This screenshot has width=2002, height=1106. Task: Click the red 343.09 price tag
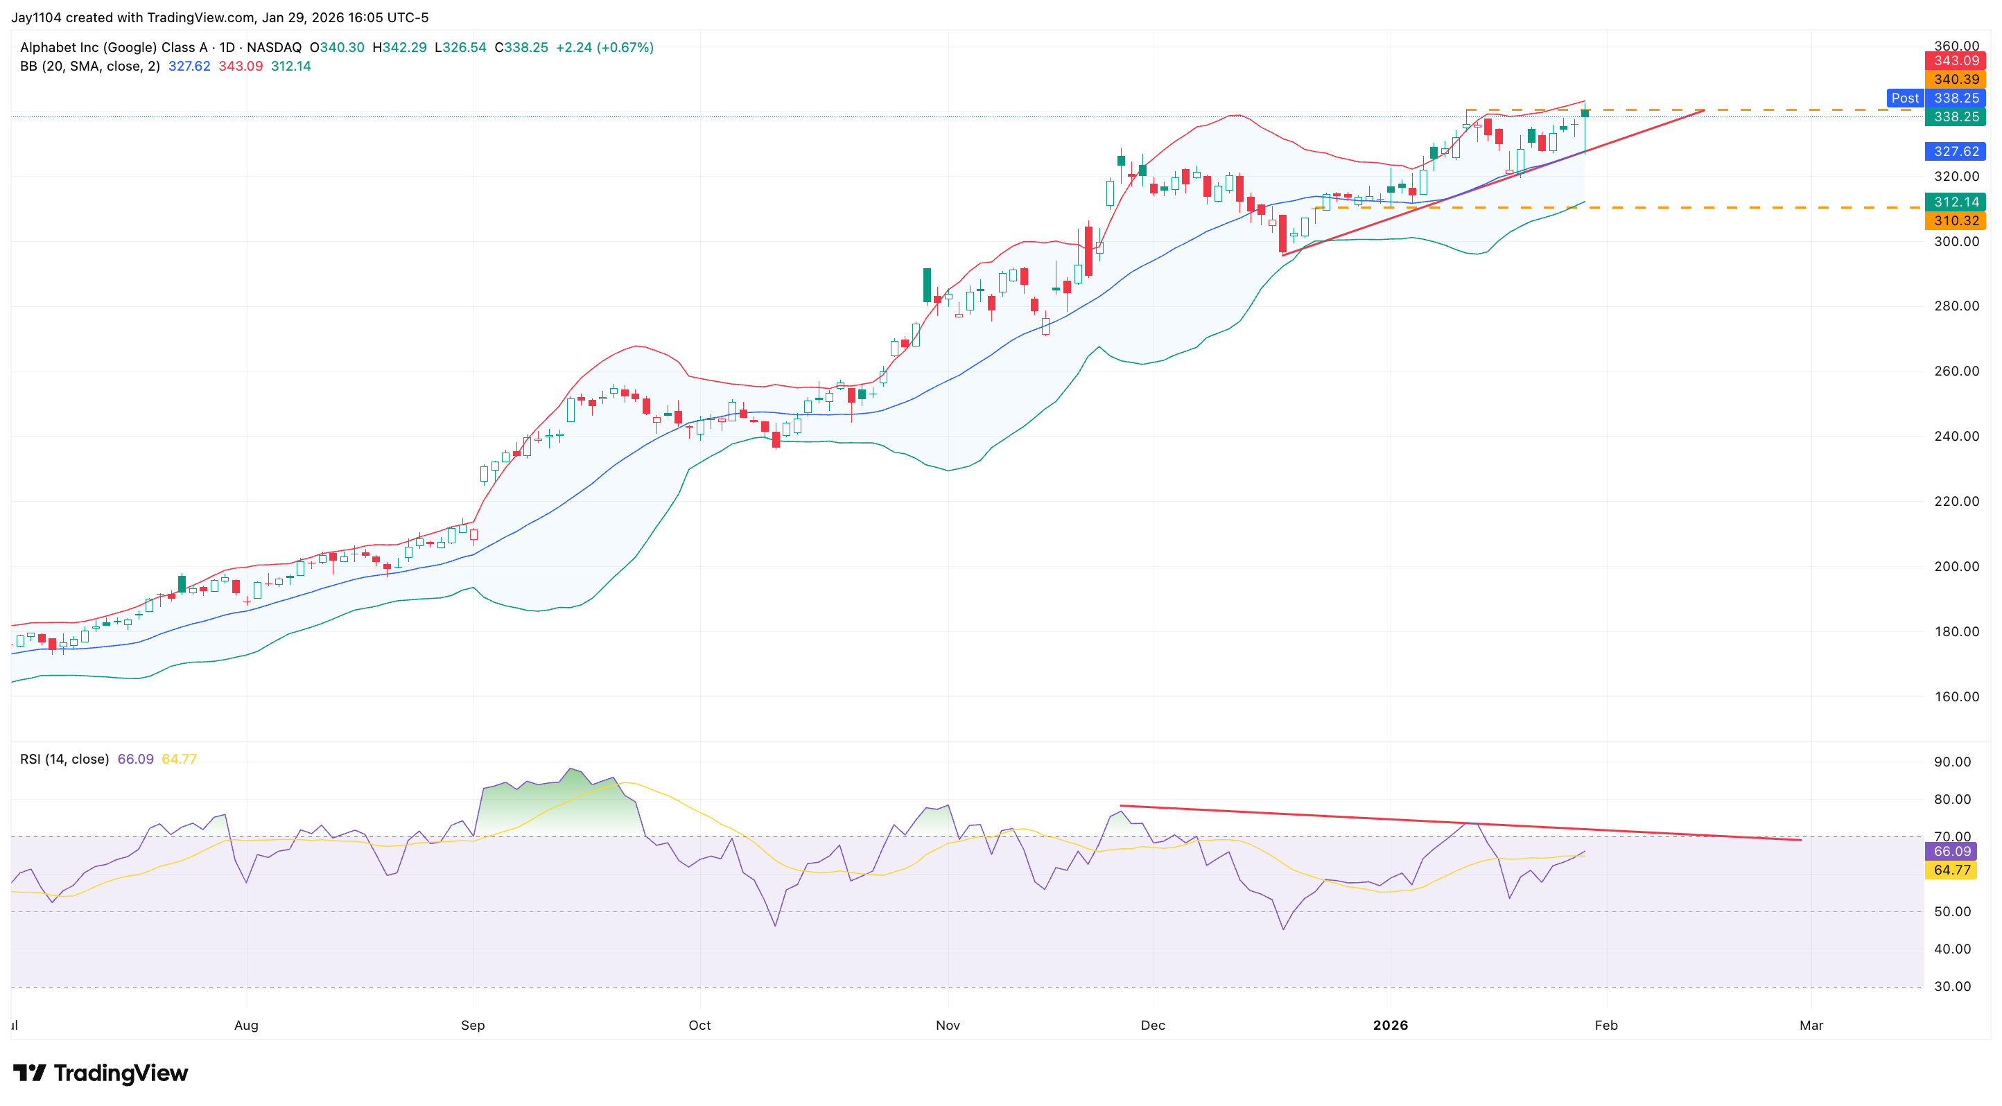[1956, 60]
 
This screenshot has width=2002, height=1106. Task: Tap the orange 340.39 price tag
[1956, 79]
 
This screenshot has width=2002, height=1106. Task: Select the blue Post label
[1905, 98]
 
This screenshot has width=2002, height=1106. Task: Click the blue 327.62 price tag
[1956, 152]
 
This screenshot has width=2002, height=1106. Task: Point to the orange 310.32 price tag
[1956, 220]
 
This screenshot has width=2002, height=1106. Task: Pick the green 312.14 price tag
[1956, 202]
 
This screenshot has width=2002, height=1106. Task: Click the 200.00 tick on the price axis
[1956, 566]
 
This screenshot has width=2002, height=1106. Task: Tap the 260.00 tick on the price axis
[1956, 371]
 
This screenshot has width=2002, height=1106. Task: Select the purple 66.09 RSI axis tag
[1951, 851]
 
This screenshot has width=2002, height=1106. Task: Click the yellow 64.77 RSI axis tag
[1951, 870]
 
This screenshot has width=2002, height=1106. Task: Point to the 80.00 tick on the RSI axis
[1952, 799]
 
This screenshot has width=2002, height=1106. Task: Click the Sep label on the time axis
[473, 1025]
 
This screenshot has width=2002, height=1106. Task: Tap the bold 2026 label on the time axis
[1391, 1025]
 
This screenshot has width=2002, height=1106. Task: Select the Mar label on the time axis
[1811, 1025]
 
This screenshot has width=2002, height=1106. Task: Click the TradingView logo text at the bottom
[120, 1073]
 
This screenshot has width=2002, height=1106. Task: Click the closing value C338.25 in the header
[521, 47]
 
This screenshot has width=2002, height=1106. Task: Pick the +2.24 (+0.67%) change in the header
[604, 47]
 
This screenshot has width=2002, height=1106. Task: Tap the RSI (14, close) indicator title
[64, 759]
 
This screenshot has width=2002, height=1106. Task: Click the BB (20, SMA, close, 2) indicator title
[89, 66]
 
